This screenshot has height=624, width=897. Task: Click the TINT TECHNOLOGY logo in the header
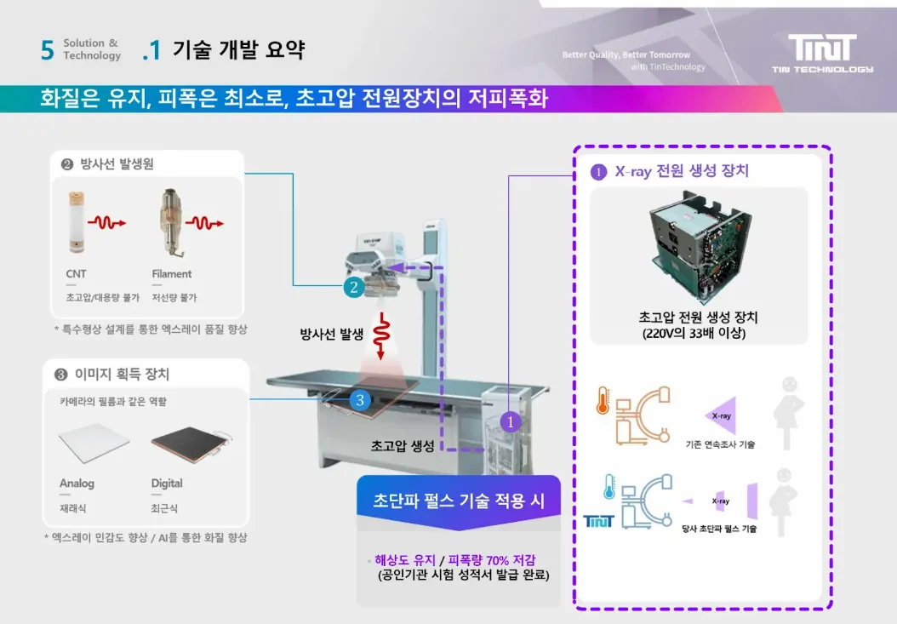[822, 53]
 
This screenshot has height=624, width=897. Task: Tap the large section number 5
[47, 50]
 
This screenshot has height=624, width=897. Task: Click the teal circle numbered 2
[353, 288]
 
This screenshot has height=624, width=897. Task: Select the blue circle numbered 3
[360, 398]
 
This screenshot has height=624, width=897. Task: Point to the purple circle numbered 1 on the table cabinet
[510, 421]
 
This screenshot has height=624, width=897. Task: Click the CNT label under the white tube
[76, 274]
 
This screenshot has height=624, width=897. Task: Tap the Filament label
[172, 274]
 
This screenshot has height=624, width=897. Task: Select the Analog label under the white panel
[77, 484]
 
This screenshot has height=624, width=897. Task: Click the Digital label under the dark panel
[167, 484]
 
